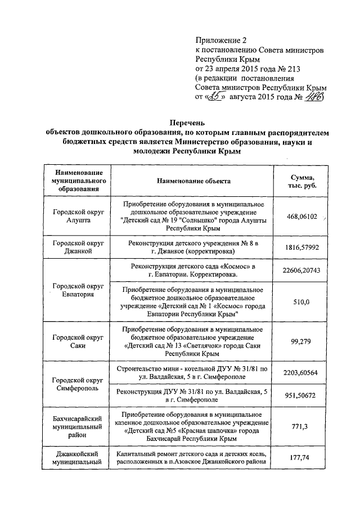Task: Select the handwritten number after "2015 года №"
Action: [313, 97]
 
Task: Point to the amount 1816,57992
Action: [302, 247]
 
